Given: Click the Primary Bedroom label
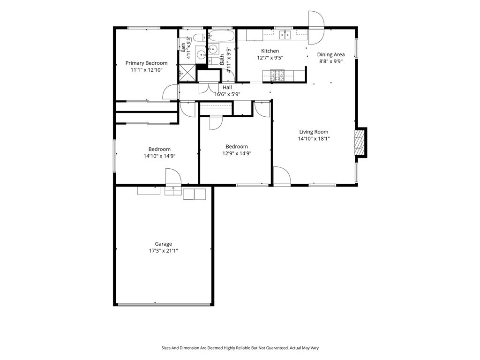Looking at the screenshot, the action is [x=146, y=63].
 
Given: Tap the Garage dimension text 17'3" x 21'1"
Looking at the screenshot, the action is [x=164, y=251].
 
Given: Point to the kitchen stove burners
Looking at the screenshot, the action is [x=277, y=75].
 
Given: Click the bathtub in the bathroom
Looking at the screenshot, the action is [x=222, y=36].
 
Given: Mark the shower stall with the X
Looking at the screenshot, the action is [x=187, y=73].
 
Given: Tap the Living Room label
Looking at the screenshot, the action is [x=314, y=132].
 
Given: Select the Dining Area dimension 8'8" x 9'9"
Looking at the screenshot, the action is [x=330, y=61].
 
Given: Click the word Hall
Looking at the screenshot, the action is [x=227, y=88].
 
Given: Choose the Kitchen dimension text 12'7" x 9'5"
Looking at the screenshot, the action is [x=270, y=58].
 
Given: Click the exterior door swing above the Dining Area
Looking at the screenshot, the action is [x=316, y=28].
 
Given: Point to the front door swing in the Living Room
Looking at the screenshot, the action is [x=282, y=176].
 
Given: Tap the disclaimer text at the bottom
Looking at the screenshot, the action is [x=240, y=348].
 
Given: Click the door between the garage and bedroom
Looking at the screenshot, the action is [x=173, y=177].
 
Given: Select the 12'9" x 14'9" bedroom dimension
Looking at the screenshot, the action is [x=237, y=153].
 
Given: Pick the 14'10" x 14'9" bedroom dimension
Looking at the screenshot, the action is [x=159, y=156].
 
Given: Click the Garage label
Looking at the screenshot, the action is [x=164, y=244].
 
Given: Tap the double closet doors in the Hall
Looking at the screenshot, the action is [x=208, y=87].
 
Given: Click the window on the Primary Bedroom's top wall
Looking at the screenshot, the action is [x=144, y=28].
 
